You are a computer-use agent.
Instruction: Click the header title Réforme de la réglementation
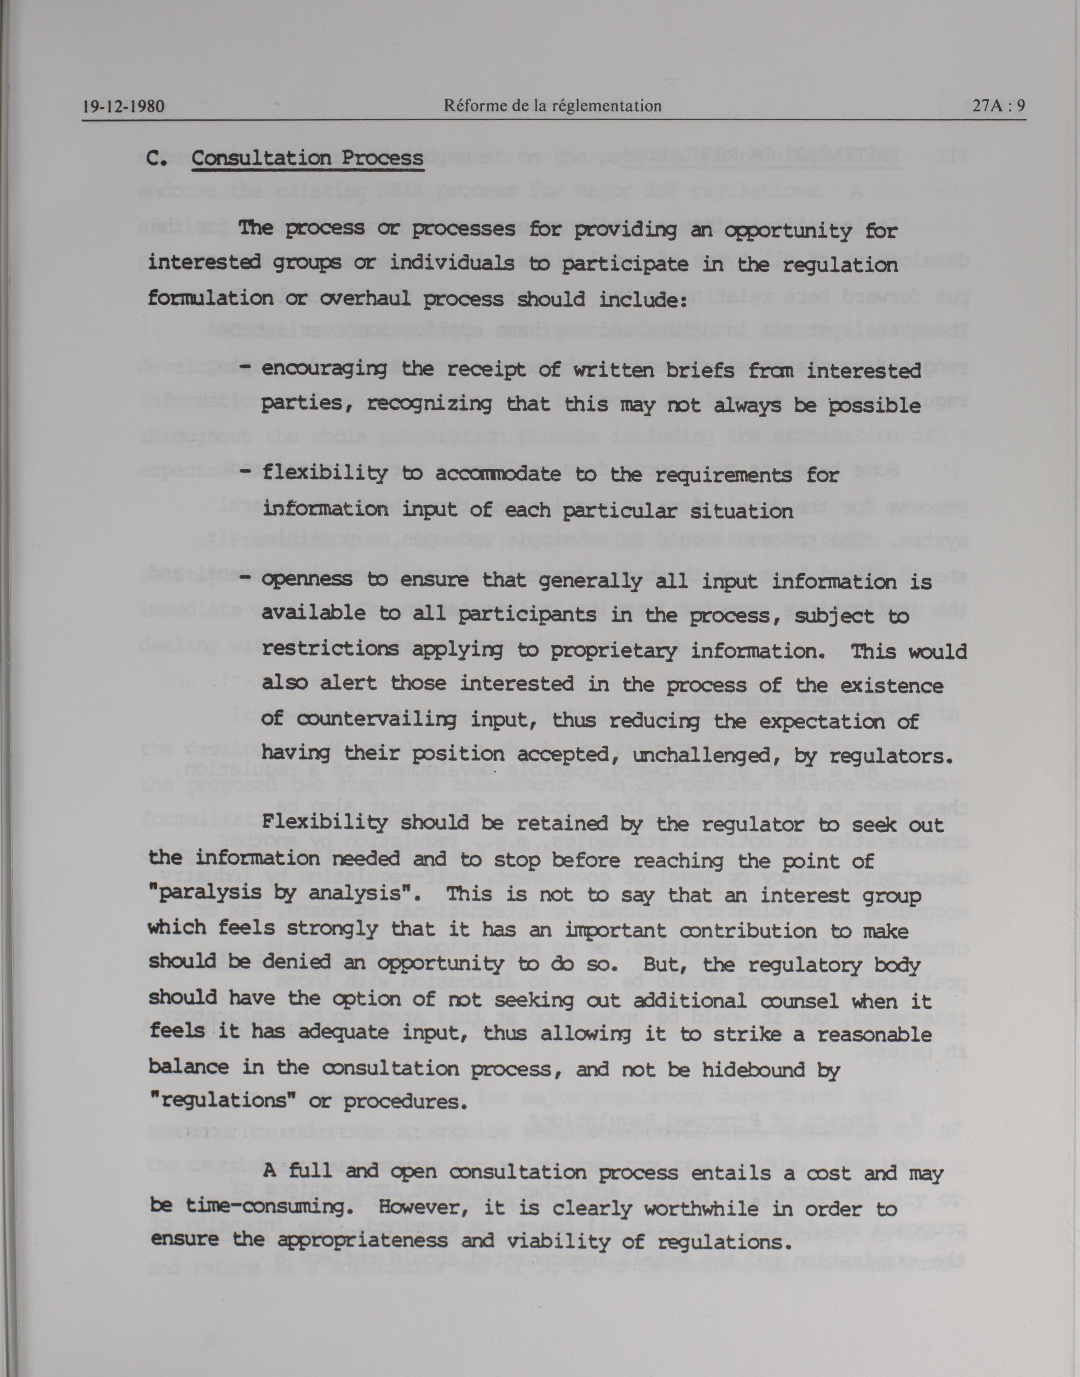point(553,106)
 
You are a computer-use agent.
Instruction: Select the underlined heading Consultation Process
point(307,157)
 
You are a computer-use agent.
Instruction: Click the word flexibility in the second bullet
point(324,474)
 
